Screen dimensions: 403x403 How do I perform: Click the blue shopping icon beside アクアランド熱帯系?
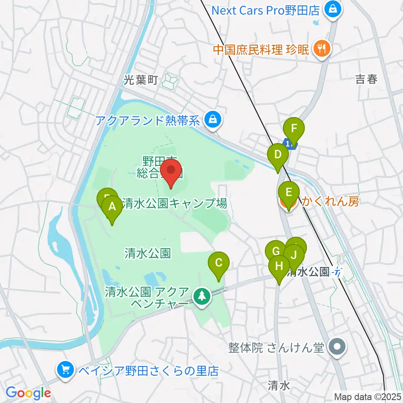(213, 121)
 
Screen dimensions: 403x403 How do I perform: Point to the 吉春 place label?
(366, 79)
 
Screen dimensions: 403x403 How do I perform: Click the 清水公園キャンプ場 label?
(175, 204)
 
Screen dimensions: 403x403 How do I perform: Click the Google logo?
(28, 393)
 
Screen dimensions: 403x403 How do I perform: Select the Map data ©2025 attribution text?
(368, 396)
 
